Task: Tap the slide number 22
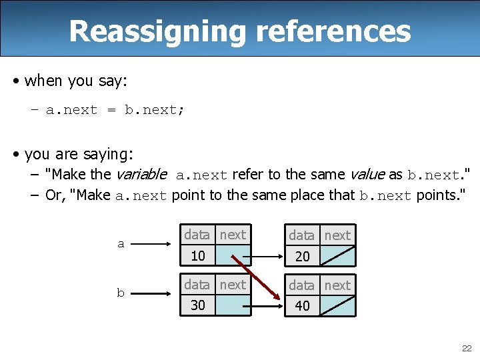(467, 348)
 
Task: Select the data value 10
(197, 255)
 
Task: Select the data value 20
(303, 256)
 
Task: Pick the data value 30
(197, 305)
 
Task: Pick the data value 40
(303, 306)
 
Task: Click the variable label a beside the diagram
(121, 244)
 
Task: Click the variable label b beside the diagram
(121, 293)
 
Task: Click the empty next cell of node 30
(233, 305)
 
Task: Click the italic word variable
(141, 175)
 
